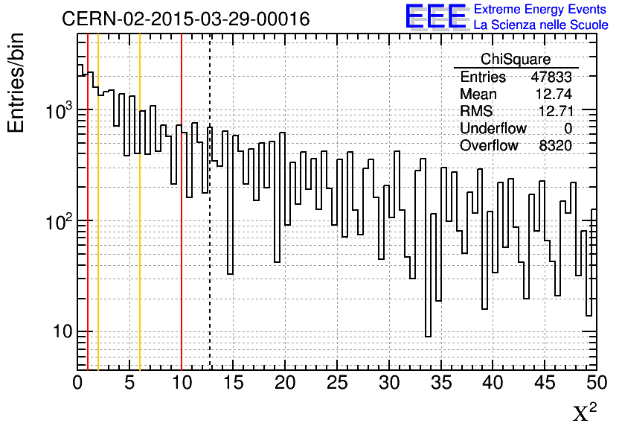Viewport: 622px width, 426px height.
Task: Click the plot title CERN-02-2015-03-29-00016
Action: coord(185,19)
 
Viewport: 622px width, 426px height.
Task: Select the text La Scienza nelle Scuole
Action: coord(541,25)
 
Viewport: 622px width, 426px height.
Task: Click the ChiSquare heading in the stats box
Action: coord(516,60)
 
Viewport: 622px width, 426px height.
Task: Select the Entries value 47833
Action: coord(551,77)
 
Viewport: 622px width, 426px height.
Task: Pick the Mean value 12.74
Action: coord(554,94)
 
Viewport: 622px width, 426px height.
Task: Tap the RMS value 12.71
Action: coord(554,111)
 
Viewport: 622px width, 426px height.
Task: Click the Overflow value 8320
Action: coord(556,145)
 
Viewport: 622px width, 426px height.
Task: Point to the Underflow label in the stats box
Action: coord(493,128)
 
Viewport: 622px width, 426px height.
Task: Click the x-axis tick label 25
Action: coord(337,384)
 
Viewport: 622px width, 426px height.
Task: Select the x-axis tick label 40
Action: coord(493,384)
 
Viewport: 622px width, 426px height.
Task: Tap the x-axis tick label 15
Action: coord(234,384)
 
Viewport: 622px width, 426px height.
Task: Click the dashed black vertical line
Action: coord(210,223)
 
